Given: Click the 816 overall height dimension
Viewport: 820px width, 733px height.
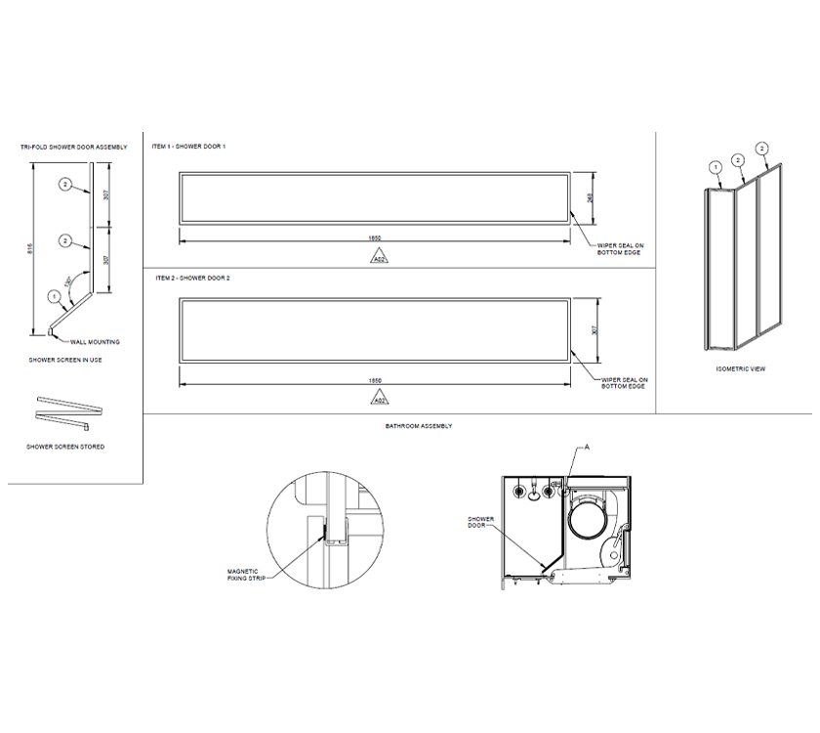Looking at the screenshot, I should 30,249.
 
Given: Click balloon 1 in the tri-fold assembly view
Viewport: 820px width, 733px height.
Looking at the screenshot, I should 54,295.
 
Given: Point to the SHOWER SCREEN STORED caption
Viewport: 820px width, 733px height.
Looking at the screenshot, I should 67,447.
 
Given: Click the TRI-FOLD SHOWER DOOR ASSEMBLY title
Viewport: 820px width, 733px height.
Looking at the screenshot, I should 74,147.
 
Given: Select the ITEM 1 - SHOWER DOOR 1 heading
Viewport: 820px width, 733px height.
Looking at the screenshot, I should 189,147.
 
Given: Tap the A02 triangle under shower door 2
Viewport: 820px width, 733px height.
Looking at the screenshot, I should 377,399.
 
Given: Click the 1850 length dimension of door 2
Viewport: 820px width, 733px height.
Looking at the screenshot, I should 375,380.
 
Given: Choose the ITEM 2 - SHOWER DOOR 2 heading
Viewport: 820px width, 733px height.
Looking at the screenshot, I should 192,279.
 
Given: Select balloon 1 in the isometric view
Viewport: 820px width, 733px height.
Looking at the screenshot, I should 716,167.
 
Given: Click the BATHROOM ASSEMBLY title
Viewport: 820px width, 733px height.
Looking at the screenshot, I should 420,427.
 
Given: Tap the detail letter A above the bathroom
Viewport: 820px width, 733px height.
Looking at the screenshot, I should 588,446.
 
